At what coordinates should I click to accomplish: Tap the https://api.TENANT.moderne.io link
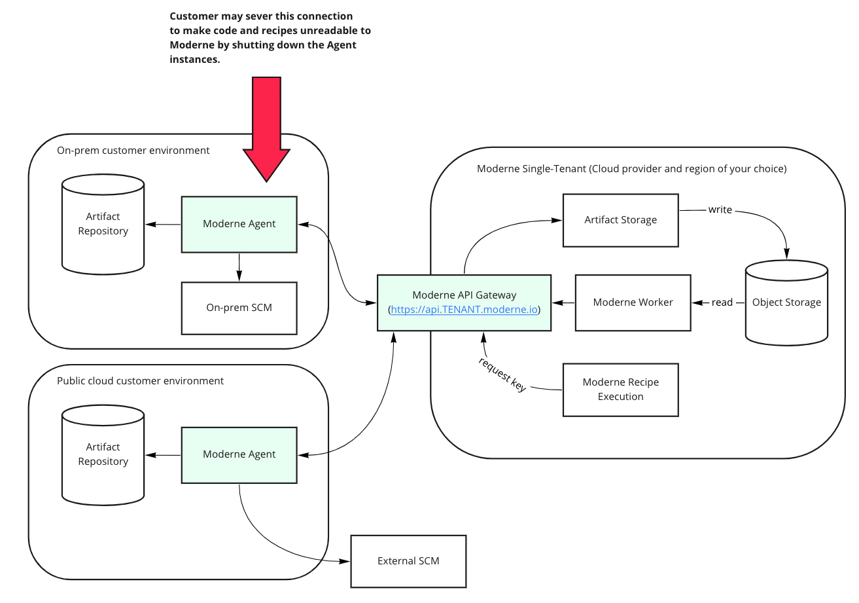click(x=464, y=310)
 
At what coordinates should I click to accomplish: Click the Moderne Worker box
click(x=633, y=302)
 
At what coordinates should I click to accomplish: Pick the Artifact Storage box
click(x=620, y=220)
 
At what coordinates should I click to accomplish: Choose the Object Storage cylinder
click(x=786, y=302)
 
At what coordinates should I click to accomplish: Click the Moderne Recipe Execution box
click(x=620, y=390)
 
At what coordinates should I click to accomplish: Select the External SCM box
click(x=408, y=561)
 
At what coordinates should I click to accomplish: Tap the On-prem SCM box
click(x=239, y=308)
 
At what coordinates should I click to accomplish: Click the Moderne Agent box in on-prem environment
click(x=239, y=224)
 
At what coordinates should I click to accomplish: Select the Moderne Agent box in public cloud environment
click(x=239, y=454)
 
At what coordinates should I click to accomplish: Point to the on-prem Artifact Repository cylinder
click(x=103, y=224)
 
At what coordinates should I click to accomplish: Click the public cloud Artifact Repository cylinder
click(x=103, y=454)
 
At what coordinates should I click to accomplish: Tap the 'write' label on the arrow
click(x=720, y=210)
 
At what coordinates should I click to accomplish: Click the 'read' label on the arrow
click(x=722, y=302)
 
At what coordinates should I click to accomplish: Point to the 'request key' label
click(x=502, y=375)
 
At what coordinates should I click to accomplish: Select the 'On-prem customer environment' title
click(x=133, y=151)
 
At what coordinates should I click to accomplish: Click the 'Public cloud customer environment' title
click(x=140, y=381)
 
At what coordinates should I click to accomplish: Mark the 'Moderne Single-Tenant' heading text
click(x=631, y=169)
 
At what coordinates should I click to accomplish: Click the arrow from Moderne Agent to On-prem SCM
click(x=239, y=267)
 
